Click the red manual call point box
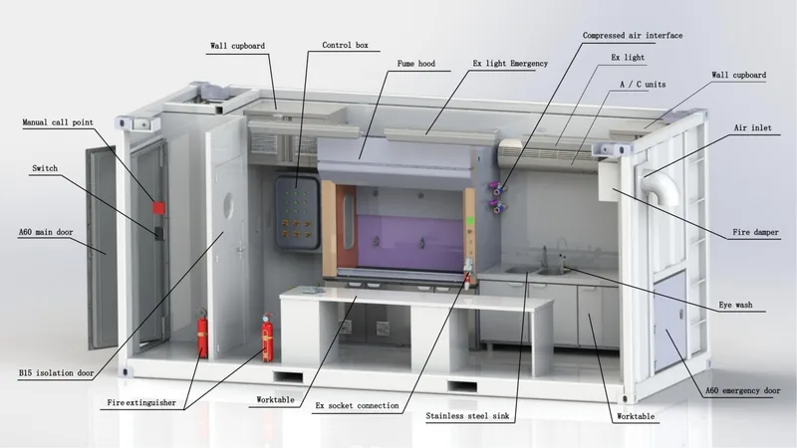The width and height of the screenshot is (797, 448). (158, 208)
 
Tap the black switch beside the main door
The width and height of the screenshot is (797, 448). (159, 233)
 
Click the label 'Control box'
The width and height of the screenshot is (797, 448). (345, 45)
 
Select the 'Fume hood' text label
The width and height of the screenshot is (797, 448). (416, 64)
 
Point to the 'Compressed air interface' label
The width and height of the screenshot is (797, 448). (633, 36)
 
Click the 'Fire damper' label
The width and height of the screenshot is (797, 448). (755, 232)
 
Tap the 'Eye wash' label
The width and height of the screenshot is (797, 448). (735, 305)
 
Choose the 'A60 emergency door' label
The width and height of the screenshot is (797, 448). (742, 390)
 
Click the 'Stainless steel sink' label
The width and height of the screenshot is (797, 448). (467, 416)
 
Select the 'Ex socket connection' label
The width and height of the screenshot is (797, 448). (357, 406)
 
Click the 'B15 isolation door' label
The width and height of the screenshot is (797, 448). (57, 372)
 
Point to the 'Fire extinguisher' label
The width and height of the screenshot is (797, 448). (141, 403)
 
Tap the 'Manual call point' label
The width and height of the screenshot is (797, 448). (58, 122)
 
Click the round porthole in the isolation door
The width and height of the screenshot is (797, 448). (229, 206)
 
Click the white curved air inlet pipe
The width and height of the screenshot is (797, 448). (661, 185)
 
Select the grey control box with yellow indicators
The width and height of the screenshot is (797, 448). (297, 213)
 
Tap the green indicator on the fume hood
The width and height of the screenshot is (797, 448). (470, 221)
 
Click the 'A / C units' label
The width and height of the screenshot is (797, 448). (643, 85)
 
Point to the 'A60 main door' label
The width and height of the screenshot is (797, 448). (46, 232)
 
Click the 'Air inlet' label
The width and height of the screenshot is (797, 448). (752, 128)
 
